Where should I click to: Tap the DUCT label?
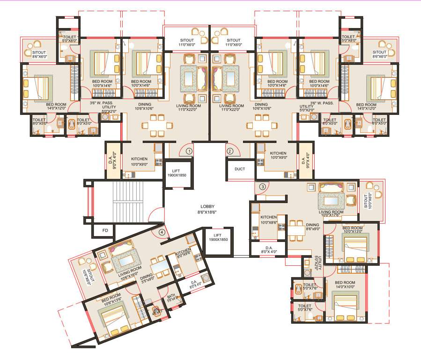240,169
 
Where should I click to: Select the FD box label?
105,230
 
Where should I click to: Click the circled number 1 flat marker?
189,151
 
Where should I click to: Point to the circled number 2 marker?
230,151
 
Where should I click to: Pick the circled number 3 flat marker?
263,187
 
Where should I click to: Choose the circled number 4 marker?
162,232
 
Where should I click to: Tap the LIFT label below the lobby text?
218,238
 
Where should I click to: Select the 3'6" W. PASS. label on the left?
103,103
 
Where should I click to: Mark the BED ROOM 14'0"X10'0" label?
346,285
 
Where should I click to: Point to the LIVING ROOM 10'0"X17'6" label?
332,213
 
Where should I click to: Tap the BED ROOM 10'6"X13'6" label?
111,299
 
